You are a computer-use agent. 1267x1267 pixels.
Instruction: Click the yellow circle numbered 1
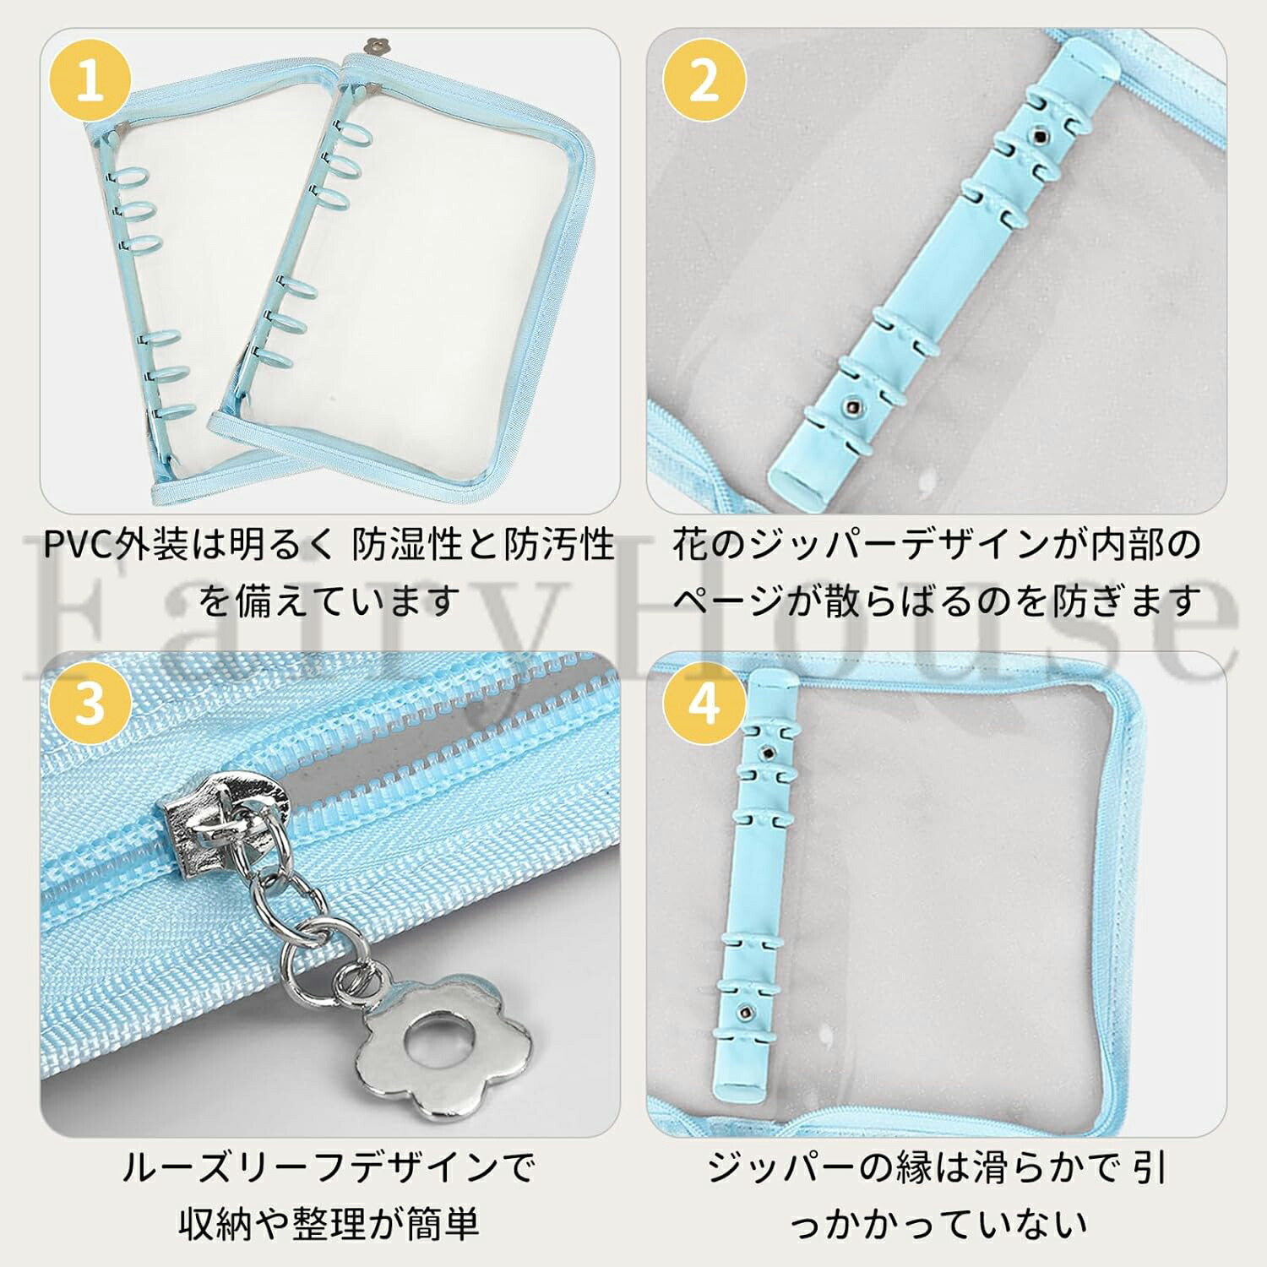pos(90,82)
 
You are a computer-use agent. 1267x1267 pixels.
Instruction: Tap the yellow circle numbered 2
pos(704,82)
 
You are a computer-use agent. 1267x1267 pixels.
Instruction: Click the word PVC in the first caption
pos(78,546)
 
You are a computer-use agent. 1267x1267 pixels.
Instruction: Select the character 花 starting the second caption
pos(690,545)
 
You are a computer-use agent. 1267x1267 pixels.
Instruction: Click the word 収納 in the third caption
pos(215,1223)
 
